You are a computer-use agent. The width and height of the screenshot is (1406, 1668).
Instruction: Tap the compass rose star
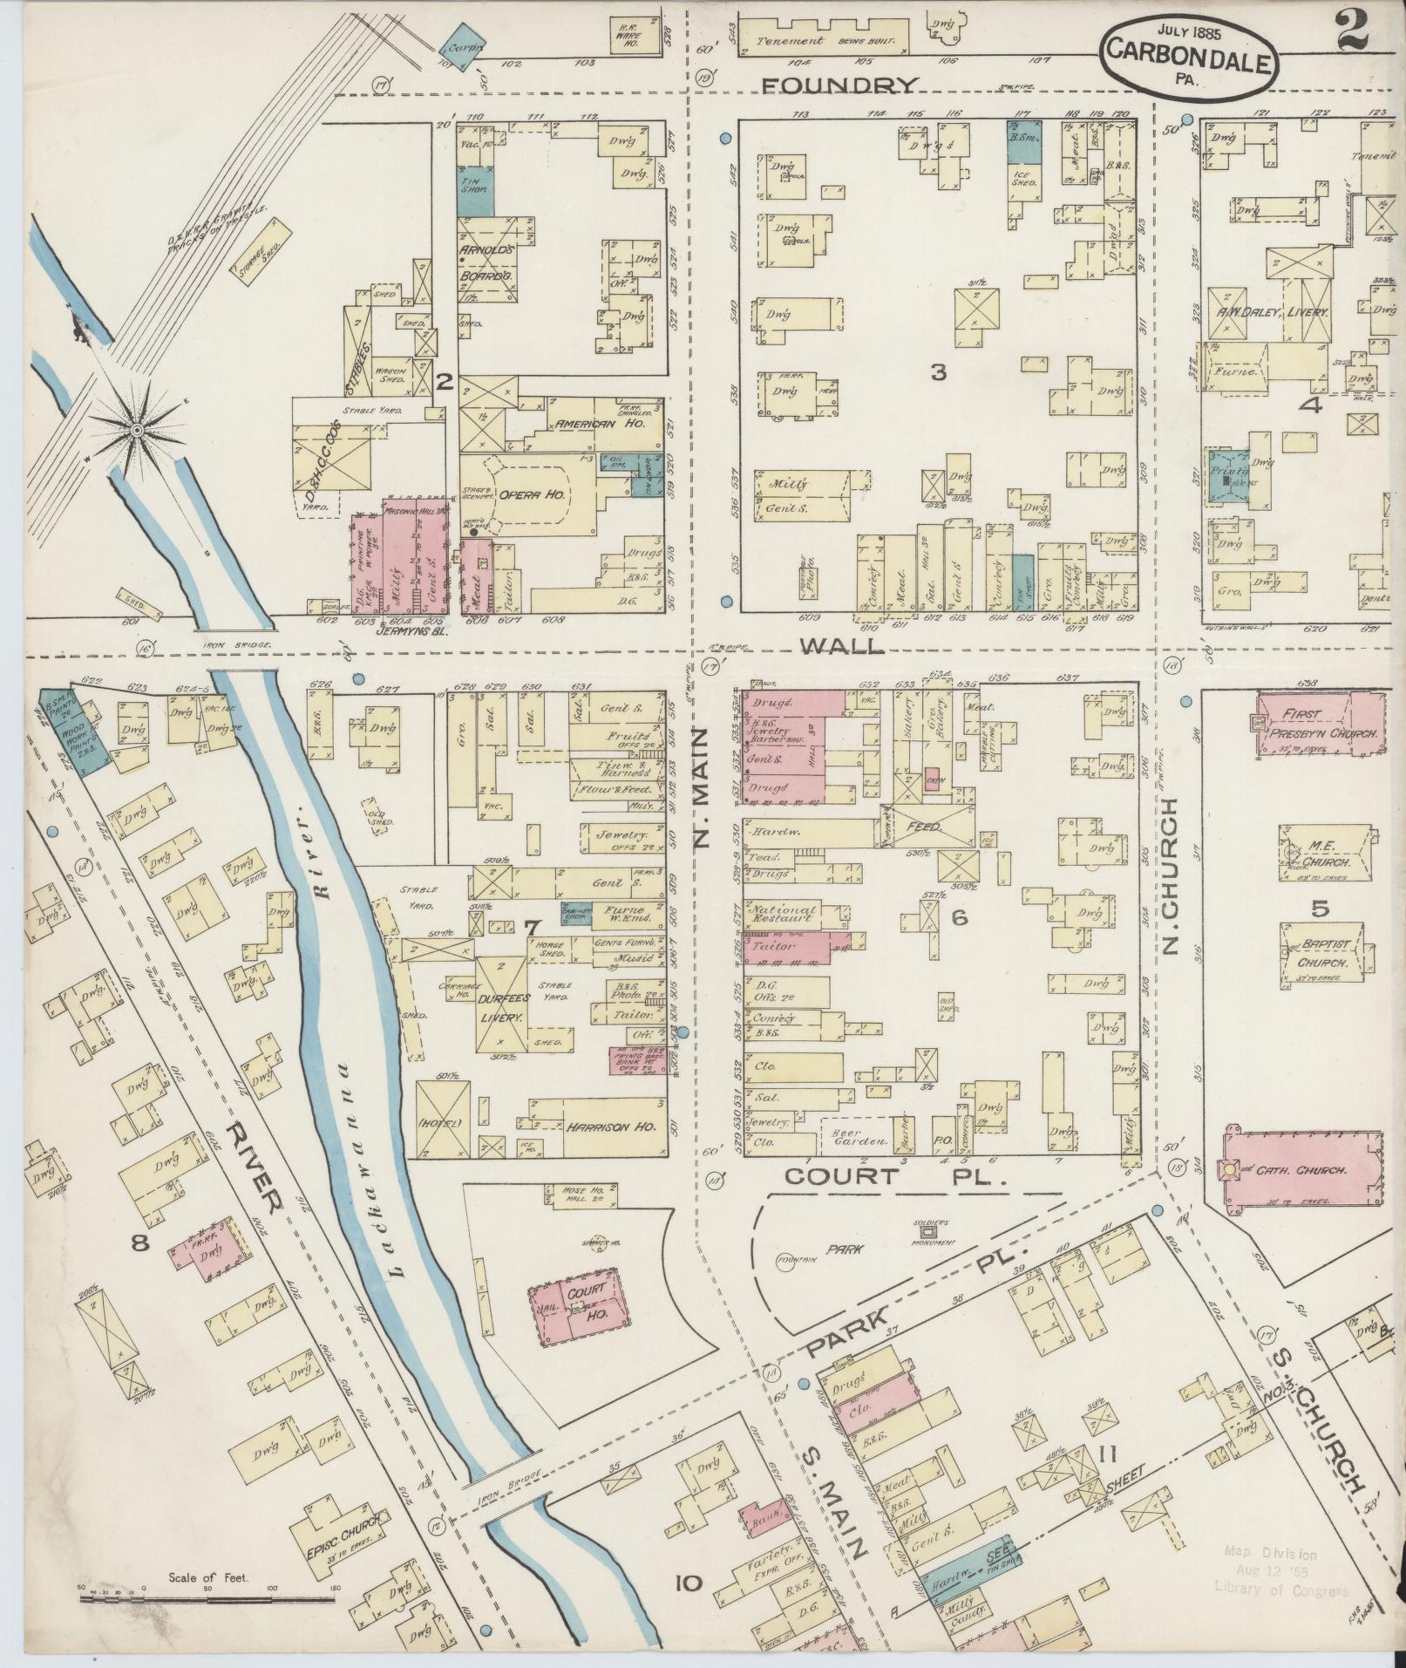pos(137,430)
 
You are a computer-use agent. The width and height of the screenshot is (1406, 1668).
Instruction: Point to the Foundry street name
pos(840,85)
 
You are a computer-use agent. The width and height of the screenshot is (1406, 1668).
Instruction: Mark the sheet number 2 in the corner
pos(1349,19)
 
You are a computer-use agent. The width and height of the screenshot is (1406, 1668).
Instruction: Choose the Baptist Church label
pos(1322,954)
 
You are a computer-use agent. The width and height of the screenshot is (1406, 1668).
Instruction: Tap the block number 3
pos(937,373)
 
